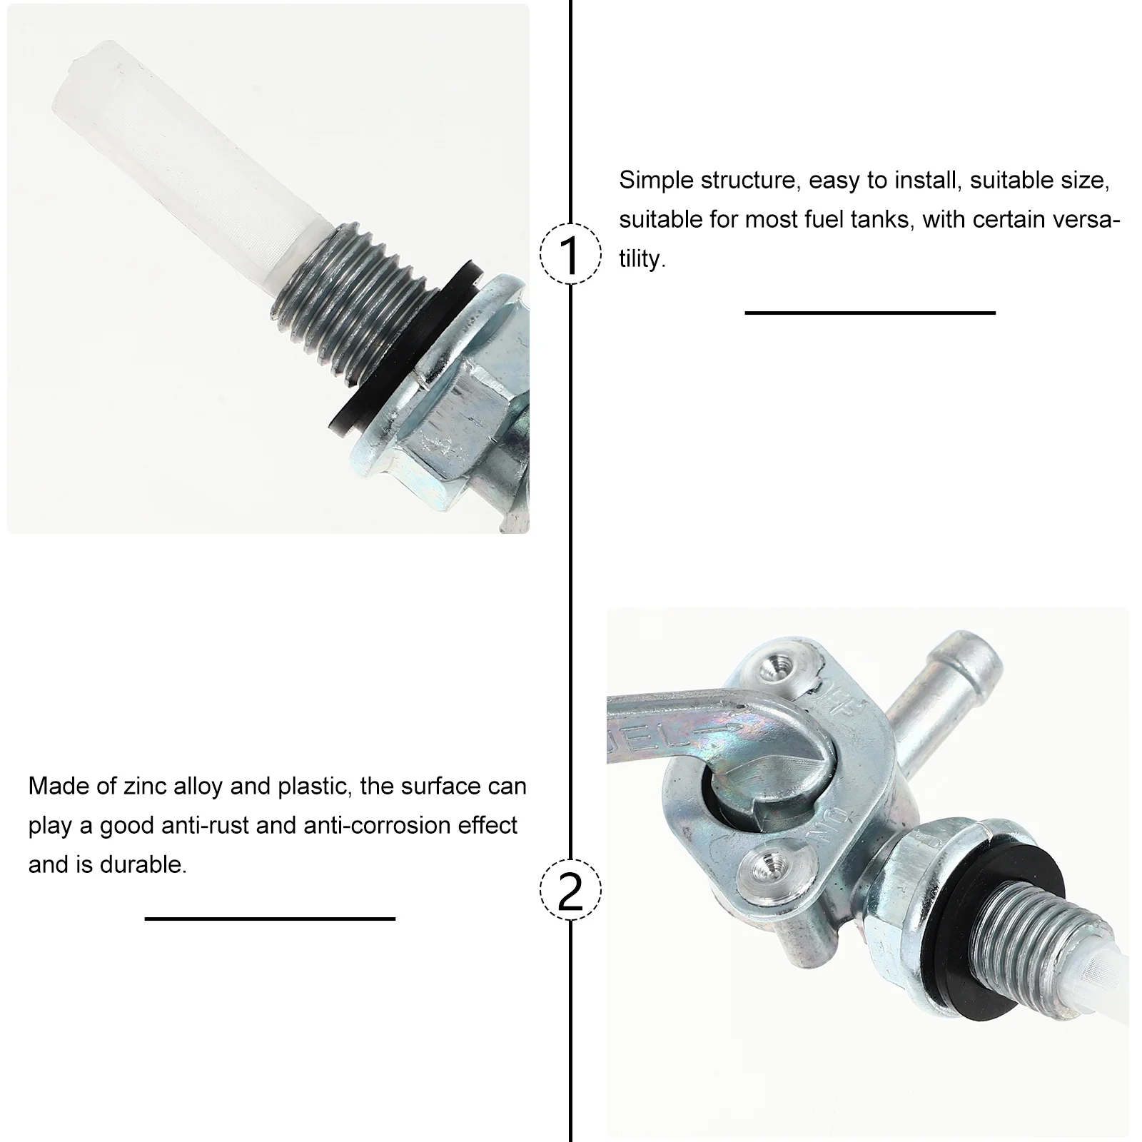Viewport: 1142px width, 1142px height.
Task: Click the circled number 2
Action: pyautogui.click(x=570, y=890)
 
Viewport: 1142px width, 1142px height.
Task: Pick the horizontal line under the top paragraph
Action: pyautogui.click(x=869, y=313)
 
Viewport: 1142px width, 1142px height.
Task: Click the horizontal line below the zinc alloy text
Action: pyautogui.click(x=270, y=919)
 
